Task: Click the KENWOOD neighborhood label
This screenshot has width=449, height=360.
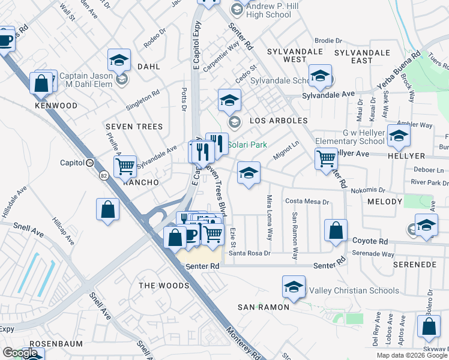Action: pos(56,106)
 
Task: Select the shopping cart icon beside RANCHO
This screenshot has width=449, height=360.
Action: pos(125,166)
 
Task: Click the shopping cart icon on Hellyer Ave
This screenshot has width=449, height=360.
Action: pos(326,158)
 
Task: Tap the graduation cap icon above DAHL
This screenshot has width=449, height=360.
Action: pos(119,60)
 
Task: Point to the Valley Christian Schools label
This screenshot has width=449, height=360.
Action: pos(346,291)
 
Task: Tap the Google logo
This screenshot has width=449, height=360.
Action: pos(20,352)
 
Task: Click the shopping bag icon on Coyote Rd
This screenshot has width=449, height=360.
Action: pos(336,230)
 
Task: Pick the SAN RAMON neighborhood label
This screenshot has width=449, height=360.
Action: pos(264,307)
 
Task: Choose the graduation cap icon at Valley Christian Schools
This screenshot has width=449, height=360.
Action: pos(294,287)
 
